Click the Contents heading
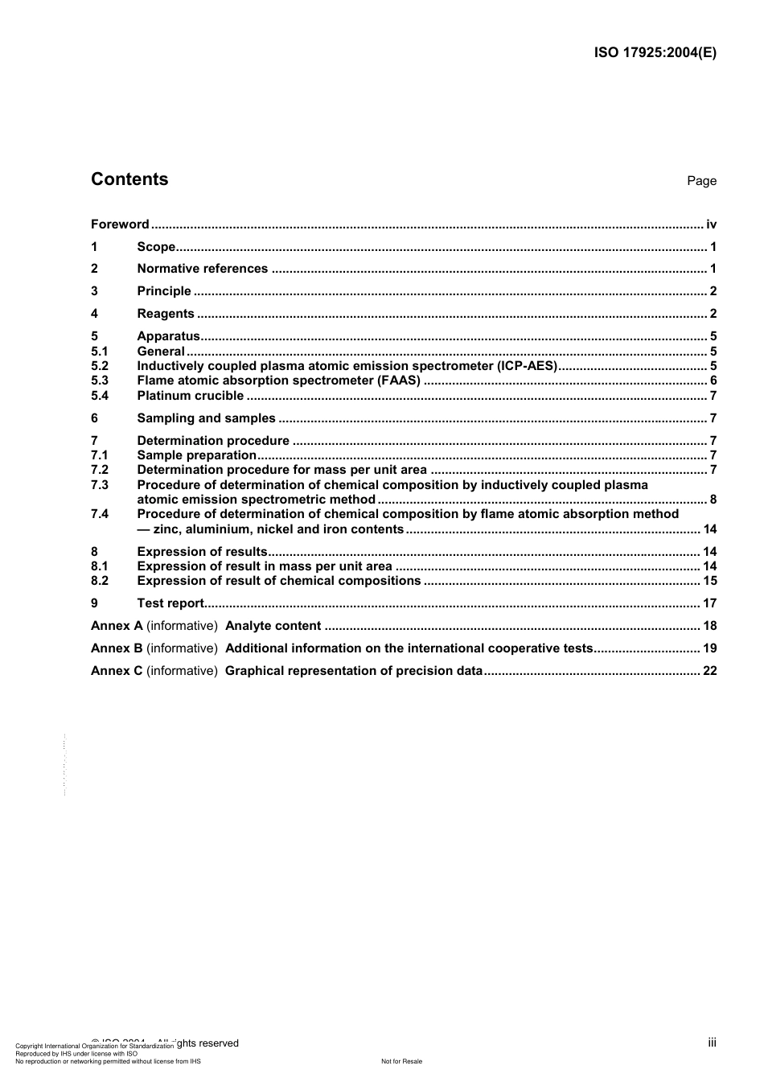(x=129, y=179)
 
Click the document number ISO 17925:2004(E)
(x=655, y=53)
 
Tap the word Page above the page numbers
(x=701, y=181)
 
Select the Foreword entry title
(x=120, y=224)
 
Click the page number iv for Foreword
(x=711, y=224)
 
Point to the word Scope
(x=156, y=247)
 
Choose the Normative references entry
(x=202, y=269)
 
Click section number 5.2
(x=100, y=366)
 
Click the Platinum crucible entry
(x=190, y=396)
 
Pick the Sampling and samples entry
(x=206, y=418)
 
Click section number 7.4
(x=100, y=514)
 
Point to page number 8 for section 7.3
(x=713, y=500)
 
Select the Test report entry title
(x=170, y=603)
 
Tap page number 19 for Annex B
(x=709, y=648)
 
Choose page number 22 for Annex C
(x=709, y=671)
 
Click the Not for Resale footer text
(x=401, y=1061)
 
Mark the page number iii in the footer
(x=712, y=1043)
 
